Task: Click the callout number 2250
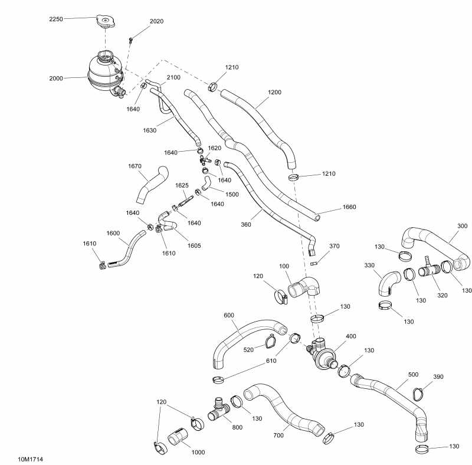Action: point(57,18)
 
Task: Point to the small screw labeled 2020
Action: point(131,40)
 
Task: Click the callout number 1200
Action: point(274,92)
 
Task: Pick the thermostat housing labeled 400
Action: point(322,354)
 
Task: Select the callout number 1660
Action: point(350,207)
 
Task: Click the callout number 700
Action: point(278,435)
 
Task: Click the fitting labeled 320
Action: point(428,271)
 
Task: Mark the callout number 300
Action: point(462,226)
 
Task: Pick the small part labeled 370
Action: point(315,263)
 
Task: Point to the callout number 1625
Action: point(182,185)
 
